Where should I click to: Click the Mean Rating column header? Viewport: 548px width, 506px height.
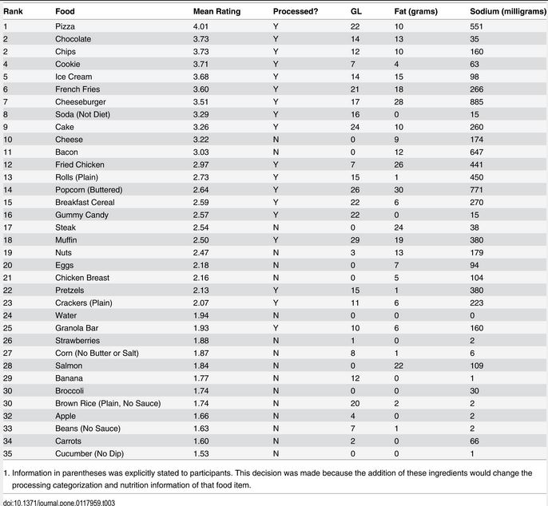pos(216,11)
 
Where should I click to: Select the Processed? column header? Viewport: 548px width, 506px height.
pos(296,11)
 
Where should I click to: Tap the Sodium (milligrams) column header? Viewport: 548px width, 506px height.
pos(508,11)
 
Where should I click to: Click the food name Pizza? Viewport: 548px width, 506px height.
pos(65,26)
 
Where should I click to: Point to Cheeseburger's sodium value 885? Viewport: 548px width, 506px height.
pos(477,102)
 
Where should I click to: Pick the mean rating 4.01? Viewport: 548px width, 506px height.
pos(201,26)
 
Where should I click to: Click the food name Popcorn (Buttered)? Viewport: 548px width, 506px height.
pos(89,190)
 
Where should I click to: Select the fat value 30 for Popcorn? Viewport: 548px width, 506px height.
pos(399,190)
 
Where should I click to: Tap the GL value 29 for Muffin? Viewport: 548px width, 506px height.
pos(355,240)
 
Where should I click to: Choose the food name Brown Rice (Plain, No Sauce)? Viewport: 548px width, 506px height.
pos(108,404)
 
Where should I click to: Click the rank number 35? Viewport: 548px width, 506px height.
pos(8,453)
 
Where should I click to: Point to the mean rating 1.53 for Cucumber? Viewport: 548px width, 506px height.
pos(201,453)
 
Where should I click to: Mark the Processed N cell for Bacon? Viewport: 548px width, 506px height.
pos(276,152)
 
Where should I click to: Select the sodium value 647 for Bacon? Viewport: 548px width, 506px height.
pos(477,152)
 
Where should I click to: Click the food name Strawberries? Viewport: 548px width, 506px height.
pos(77,341)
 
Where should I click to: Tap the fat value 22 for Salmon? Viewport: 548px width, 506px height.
pos(399,366)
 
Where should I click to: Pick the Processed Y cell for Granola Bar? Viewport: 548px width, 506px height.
pos(276,328)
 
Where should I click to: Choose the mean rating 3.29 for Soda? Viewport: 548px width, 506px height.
pos(201,115)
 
